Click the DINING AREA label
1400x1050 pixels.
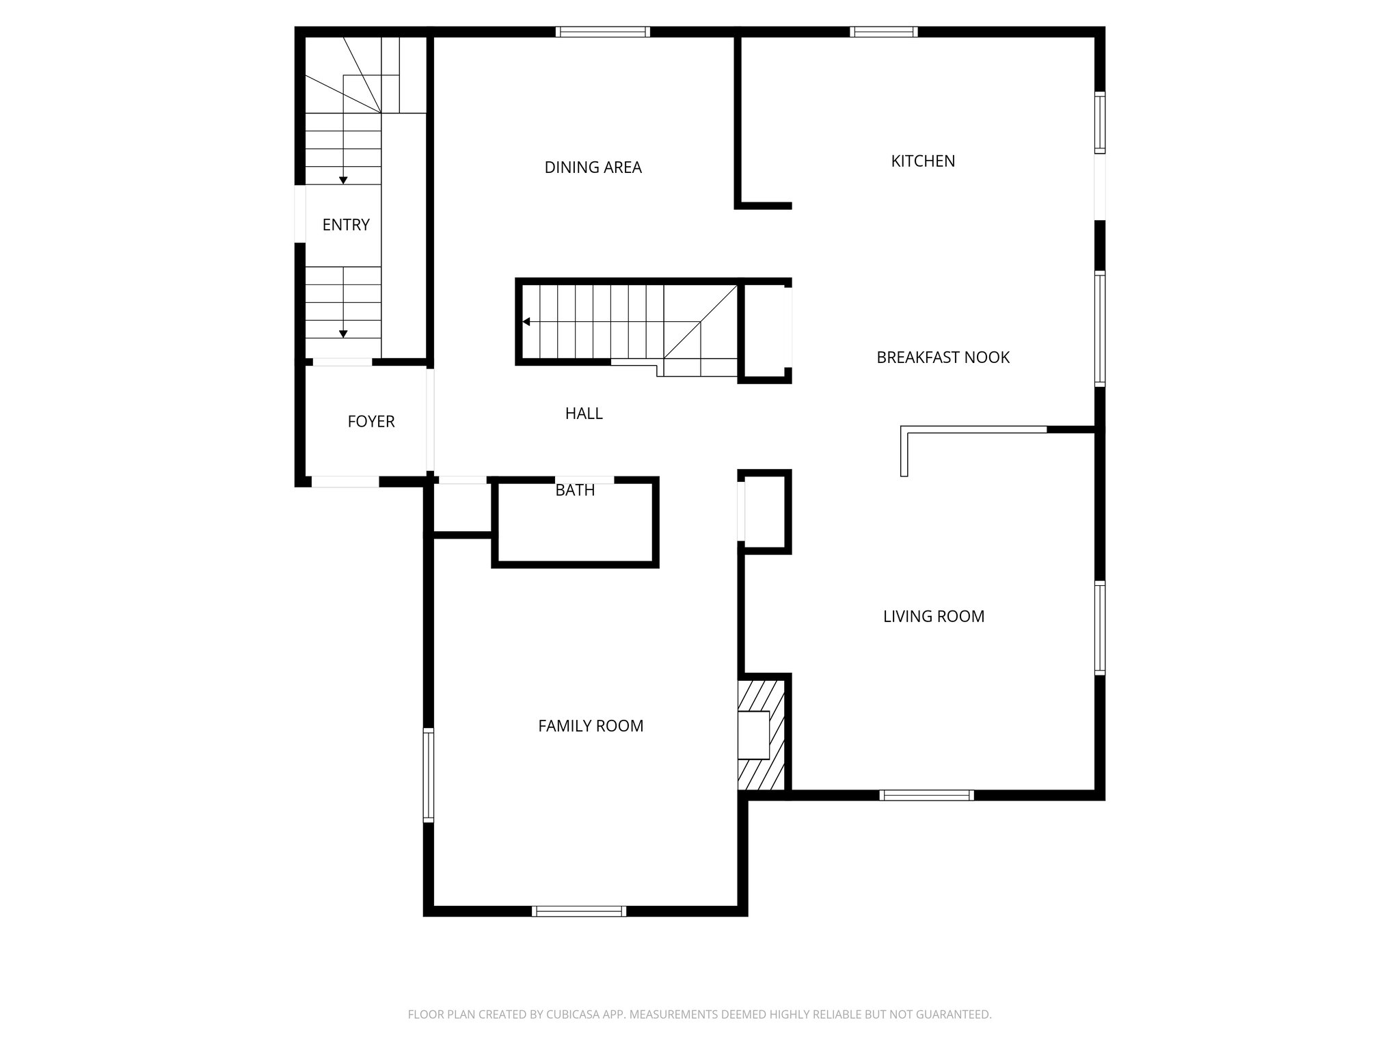coord(593,167)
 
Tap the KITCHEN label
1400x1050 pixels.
coord(923,161)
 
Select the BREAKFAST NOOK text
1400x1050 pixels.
coord(943,358)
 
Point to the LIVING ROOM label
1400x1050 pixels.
coord(933,617)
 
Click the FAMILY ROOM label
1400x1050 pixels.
coord(591,726)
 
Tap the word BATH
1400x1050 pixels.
coord(575,490)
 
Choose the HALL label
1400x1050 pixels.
coord(584,414)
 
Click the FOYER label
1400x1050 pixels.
coord(371,422)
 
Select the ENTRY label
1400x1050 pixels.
coord(346,225)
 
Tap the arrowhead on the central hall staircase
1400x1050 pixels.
coord(526,321)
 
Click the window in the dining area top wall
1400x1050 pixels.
coord(602,31)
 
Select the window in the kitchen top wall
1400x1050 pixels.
coord(883,31)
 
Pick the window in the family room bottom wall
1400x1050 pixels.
coord(579,911)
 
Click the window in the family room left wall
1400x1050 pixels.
coord(429,775)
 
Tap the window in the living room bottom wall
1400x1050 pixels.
coord(926,795)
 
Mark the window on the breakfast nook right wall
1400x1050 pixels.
coord(1099,329)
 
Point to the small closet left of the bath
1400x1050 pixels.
coord(462,507)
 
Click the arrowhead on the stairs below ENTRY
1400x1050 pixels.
coord(343,334)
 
